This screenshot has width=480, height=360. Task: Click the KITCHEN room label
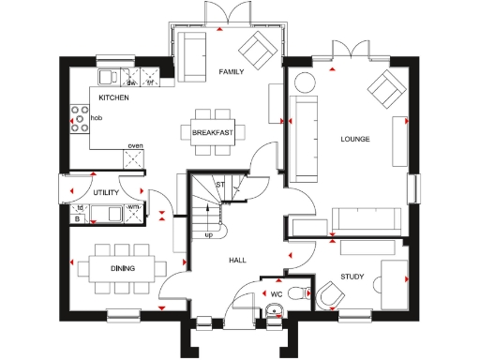coord(113,97)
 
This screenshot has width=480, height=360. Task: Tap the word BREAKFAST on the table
coord(213,134)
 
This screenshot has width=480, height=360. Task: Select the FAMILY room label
coord(232,72)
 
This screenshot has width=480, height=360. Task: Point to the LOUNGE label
coord(355,140)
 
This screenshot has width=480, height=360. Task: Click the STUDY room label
coord(352,277)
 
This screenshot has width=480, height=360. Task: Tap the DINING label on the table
coord(121,269)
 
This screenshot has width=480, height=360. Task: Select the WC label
coord(277,294)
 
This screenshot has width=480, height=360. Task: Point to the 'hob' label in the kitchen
coord(97,118)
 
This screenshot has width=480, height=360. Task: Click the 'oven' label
coord(135,146)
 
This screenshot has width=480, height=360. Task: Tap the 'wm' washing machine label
coord(133,206)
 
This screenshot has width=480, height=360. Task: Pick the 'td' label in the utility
coord(81,207)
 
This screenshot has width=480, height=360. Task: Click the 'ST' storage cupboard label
coord(220,185)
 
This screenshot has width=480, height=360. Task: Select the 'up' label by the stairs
coord(208,234)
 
